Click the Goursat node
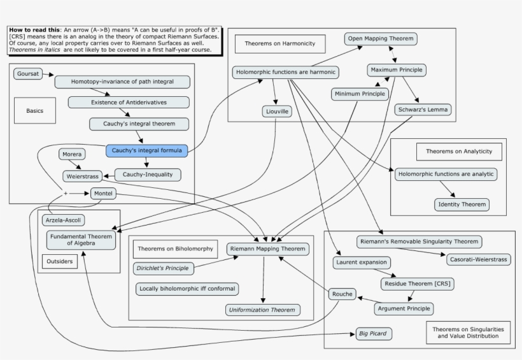tap(29, 75)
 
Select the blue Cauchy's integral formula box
tap(146, 151)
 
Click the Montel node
tap(103, 193)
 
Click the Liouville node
tap(276, 112)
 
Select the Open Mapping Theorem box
tap(381, 39)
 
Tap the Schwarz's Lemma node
tap(423, 110)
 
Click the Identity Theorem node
tap(462, 205)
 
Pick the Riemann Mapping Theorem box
tap(268, 248)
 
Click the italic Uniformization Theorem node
tap(262, 310)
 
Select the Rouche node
tap(341, 294)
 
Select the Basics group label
tap(35, 111)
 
